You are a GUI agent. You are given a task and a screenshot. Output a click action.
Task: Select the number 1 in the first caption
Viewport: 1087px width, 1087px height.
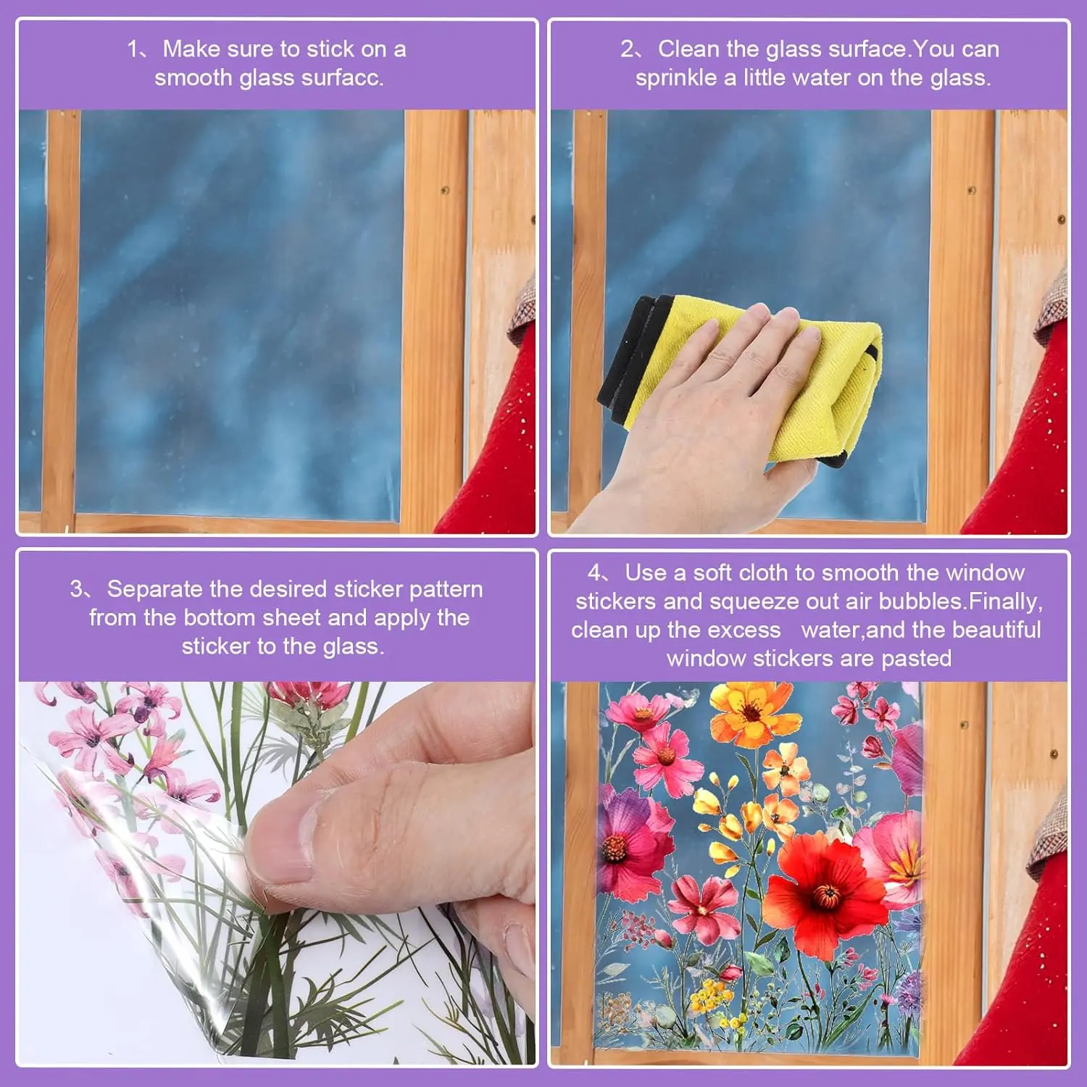pyautogui.click(x=132, y=49)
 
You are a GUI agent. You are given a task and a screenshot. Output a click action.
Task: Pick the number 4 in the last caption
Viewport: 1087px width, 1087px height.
pyautogui.click(x=594, y=573)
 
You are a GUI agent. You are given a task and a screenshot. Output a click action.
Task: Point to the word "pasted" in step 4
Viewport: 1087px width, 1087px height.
pyautogui.click(x=916, y=659)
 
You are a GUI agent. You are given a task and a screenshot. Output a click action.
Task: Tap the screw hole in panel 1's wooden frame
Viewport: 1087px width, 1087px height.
pyautogui.click(x=445, y=191)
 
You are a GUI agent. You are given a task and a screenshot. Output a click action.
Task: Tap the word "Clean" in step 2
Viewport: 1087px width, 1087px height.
pyautogui.click(x=688, y=49)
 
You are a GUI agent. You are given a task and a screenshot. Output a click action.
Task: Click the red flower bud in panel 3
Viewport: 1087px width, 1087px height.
pyautogui.click(x=308, y=696)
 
